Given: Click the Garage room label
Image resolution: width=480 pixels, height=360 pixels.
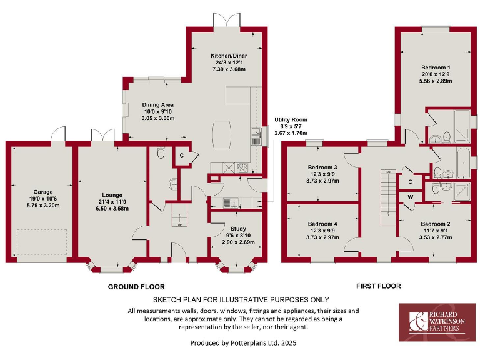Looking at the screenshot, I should pyautogui.click(x=43, y=192).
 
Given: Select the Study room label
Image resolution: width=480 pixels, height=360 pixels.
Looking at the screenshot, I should pyautogui.click(x=238, y=229).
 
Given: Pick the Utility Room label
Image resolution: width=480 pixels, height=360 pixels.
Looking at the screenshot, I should pyautogui.click(x=291, y=120).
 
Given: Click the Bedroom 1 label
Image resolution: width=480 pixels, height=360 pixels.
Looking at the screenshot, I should pyautogui.click(x=435, y=67).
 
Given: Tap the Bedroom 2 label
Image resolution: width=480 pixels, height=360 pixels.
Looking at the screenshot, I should pyautogui.click(x=436, y=224).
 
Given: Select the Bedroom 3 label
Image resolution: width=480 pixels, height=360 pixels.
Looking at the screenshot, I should pyautogui.click(x=322, y=167).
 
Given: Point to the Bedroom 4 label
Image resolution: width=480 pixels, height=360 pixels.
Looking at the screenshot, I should pyautogui.click(x=322, y=224).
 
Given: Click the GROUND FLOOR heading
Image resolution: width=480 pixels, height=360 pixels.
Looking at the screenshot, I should pyautogui.click(x=136, y=287).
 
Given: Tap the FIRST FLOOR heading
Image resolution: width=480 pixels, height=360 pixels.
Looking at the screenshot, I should pyautogui.click(x=378, y=286).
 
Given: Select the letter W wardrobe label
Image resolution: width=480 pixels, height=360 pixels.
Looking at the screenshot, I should pyautogui.click(x=410, y=198).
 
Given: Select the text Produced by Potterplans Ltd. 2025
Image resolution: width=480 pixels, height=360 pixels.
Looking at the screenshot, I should pyautogui.click(x=242, y=343).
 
